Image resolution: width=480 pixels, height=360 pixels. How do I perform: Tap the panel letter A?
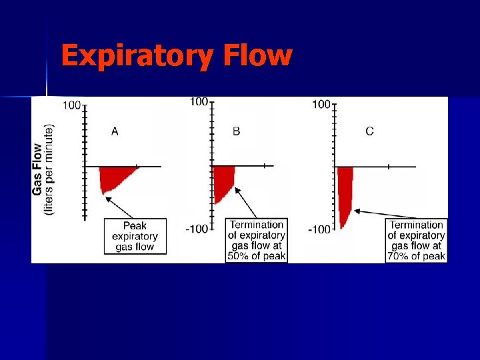(x=115, y=131)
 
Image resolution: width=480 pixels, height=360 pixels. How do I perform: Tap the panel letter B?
(x=237, y=131)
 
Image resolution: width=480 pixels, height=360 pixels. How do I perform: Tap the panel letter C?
(x=369, y=131)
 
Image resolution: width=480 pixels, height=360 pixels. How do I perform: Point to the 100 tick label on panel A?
(x=73, y=105)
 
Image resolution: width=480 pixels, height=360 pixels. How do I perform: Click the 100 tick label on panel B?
(x=199, y=101)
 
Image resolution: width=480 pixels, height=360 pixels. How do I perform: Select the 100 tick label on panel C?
(x=321, y=104)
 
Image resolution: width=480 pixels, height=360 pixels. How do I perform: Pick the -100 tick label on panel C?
(x=320, y=229)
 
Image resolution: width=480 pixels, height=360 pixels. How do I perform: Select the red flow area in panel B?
(x=223, y=181)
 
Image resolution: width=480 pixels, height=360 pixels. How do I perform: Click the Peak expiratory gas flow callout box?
(x=135, y=236)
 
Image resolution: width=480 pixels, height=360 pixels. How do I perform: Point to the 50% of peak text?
(x=257, y=256)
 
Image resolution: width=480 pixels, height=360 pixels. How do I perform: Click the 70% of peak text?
(x=417, y=256)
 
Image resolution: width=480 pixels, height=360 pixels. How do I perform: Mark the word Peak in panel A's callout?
(x=135, y=225)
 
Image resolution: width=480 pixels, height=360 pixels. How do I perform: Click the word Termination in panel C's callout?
(x=417, y=225)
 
